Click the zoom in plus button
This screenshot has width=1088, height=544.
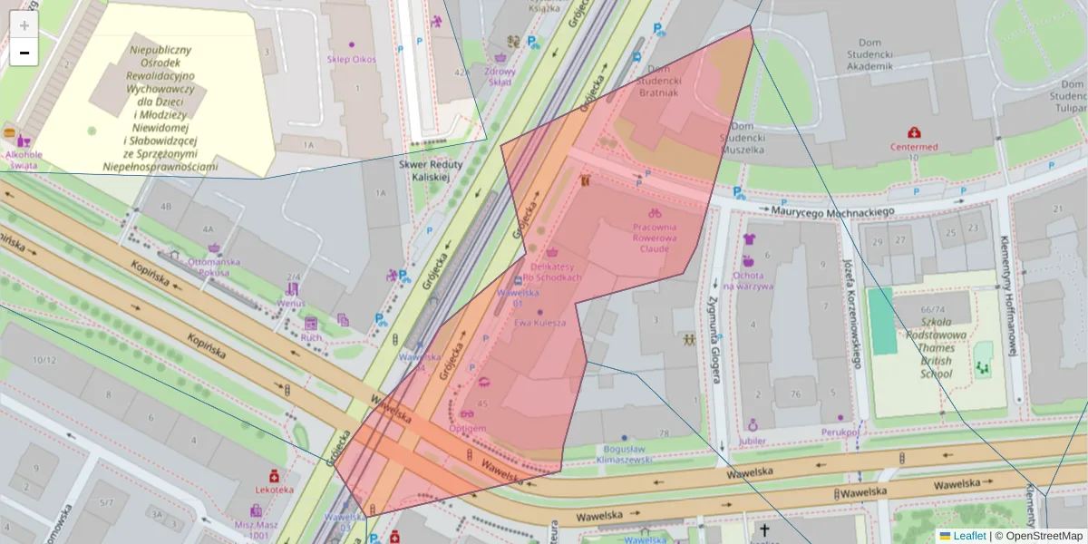point(24,25)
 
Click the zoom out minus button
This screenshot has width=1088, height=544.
point(24,53)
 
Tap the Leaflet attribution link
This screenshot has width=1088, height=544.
point(969,536)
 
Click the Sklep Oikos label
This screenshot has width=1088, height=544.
point(352,60)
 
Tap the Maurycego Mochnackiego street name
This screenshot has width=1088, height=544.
point(833,210)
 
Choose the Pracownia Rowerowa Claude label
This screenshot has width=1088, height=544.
point(655,238)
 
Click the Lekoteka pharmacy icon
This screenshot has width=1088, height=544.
point(274,476)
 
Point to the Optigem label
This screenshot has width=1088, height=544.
point(468,428)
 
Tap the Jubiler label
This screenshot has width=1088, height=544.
point(752,442)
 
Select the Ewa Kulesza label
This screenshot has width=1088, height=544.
point(540,323)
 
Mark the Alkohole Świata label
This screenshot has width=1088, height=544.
point(24,160)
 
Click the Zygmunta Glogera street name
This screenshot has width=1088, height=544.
point(714,332)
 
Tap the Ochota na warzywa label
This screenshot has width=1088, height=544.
point(748,280)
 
